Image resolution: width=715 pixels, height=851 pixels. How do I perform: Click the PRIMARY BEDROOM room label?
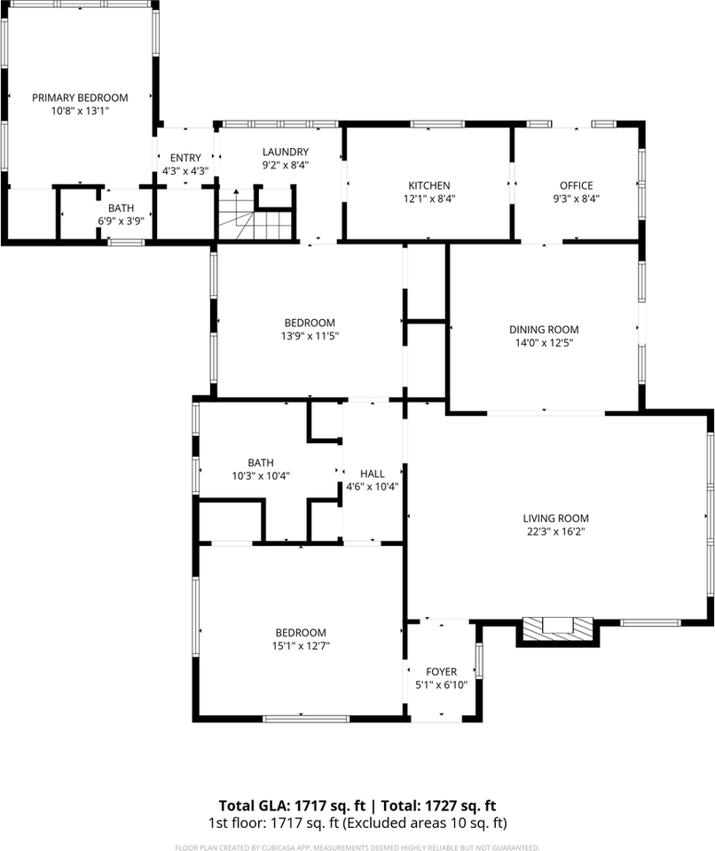tap(80, 98)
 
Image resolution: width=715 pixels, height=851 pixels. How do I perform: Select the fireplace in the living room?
tap(557, 628)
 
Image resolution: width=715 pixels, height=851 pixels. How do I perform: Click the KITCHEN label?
tap(428, 185)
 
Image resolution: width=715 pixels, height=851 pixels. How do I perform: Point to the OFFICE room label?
tap(576, 185)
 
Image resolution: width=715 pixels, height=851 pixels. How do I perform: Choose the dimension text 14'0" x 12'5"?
tap(544, 343)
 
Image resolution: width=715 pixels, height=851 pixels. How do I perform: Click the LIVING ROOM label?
tap(555, 519)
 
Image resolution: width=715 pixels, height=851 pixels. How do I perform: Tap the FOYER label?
tap(441, 672)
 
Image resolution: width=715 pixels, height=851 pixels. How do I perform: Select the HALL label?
tap(372, 473)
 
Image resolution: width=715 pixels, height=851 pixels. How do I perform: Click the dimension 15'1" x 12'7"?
tap(300, 645)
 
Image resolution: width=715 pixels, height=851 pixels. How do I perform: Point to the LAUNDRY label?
tap(285, 152)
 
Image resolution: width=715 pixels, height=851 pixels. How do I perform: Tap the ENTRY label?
tap(185, 158)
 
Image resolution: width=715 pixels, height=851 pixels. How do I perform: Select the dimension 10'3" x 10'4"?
tap(260, 475)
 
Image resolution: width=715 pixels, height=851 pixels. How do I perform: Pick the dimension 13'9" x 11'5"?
tap(310, 336)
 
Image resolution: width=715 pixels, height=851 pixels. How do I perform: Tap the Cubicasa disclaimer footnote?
tap(357, 847)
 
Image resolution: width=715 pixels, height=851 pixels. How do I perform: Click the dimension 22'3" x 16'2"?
tap(555, 532)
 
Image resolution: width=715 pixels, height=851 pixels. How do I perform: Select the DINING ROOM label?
tap(544, 330)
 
